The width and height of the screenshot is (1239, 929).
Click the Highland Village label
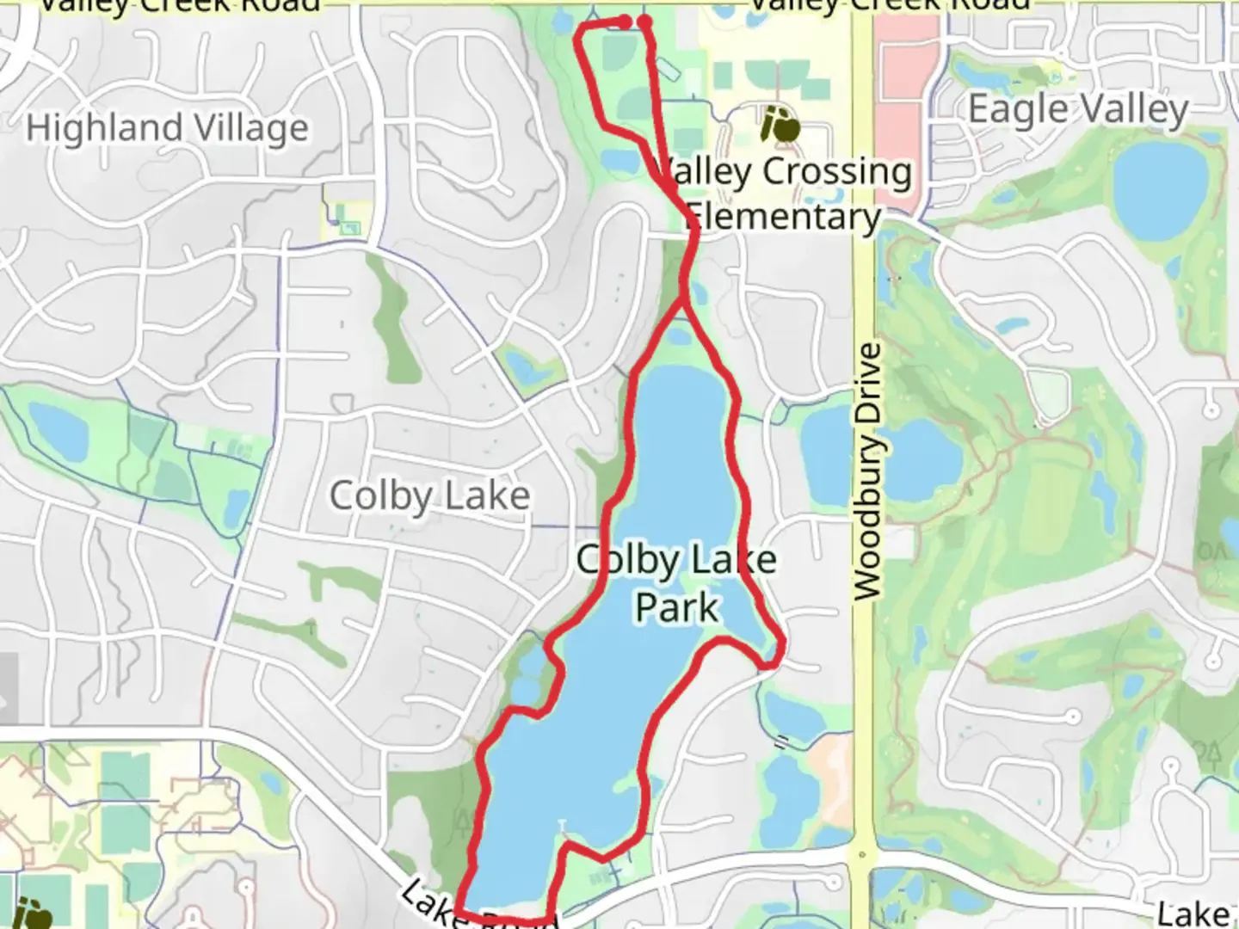tap(167, 129)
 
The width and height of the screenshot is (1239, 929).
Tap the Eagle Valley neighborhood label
tap(1078, 110)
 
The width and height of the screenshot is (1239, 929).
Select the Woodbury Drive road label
tap(868, 471)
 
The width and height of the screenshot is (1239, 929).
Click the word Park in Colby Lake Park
tap(676, 607)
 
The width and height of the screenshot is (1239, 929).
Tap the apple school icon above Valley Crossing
tap(781, 126)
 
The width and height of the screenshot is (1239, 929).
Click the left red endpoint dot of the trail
tap(626, 22)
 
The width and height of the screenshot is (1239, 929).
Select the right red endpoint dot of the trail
tap(644, 22)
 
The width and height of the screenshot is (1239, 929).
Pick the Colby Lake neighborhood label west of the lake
tap(429, 496)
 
